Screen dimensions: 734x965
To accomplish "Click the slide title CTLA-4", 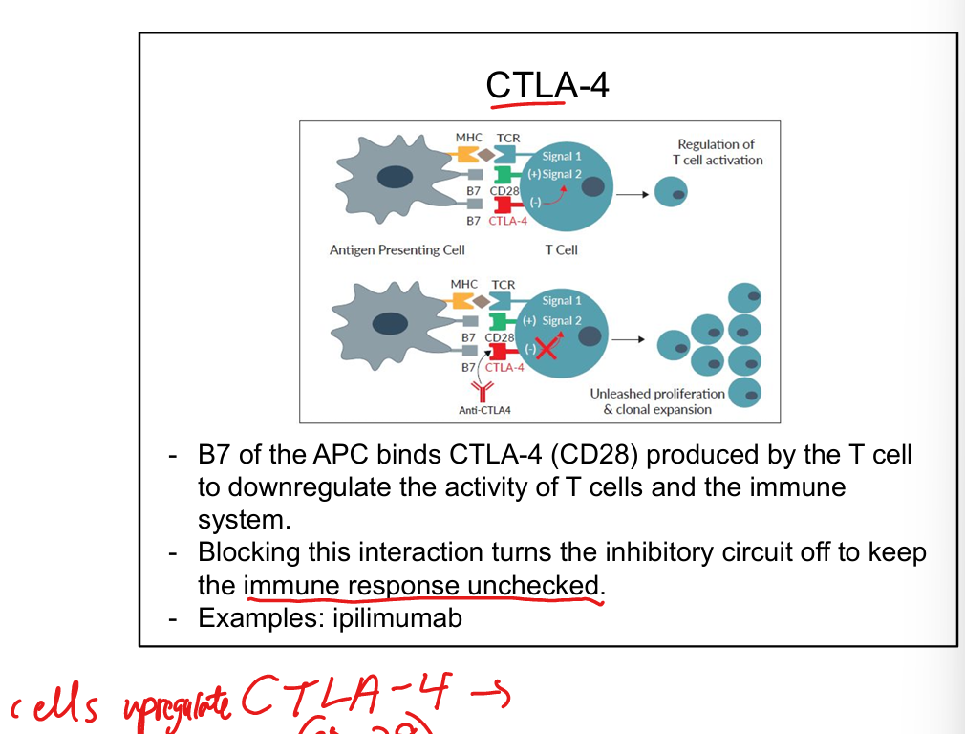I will (x=547, y=86).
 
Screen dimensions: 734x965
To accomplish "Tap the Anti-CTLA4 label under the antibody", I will (x=484, y=411).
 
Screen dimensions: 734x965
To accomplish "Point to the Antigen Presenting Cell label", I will (x=397, y=250).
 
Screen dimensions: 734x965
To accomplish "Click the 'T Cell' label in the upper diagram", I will (x=562, y=250).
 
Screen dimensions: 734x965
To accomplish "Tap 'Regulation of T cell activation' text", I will (x=717, y=153).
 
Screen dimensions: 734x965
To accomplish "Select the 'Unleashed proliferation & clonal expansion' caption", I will (x=657, y=401).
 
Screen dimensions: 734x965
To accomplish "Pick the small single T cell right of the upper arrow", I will (x=671, y=194).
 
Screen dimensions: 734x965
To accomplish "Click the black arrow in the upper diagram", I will (x=632, y=194).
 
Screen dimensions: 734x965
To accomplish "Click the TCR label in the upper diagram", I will (x=507, y=139).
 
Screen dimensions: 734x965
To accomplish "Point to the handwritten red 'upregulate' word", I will (x=178, y=705).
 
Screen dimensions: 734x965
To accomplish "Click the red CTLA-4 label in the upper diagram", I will (x=507, y=221).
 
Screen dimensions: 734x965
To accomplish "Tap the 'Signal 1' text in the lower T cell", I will (x=562, y=301).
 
